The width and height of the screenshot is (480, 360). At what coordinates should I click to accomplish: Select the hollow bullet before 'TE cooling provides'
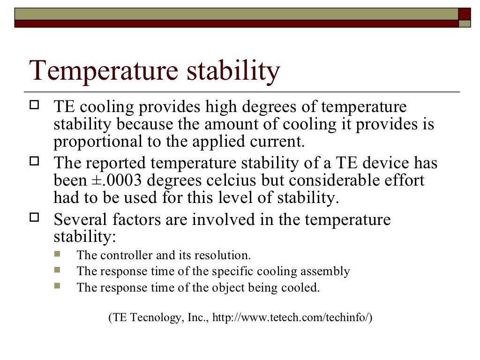pos(34,106)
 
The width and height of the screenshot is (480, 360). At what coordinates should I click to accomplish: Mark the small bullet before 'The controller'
pos(57,255)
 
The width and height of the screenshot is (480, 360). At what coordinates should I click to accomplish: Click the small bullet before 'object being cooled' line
pos(57,286)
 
